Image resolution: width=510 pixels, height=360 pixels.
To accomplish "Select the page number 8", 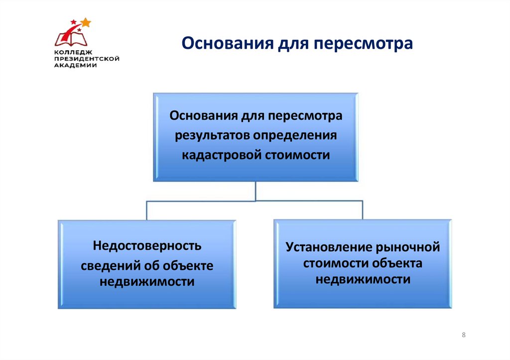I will [x=464, y=335].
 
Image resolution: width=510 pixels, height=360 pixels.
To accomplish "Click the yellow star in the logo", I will [x=86, y=22].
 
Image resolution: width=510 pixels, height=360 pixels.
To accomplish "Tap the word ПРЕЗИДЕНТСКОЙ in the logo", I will [x=87, y=58].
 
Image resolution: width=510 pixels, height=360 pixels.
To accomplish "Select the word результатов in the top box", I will [x=212, y=136].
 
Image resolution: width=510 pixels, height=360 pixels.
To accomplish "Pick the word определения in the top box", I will [x=296, y=136].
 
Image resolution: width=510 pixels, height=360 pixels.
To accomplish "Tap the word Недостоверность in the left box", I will [x=147, y=245].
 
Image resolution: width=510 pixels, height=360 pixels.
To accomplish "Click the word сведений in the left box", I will [x=108, y=265].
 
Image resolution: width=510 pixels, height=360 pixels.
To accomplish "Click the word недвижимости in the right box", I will [x=363, y=279].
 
